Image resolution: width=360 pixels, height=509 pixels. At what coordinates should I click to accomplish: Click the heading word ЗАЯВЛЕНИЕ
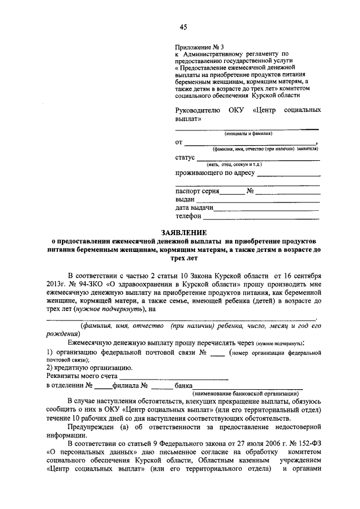[184, 232]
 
